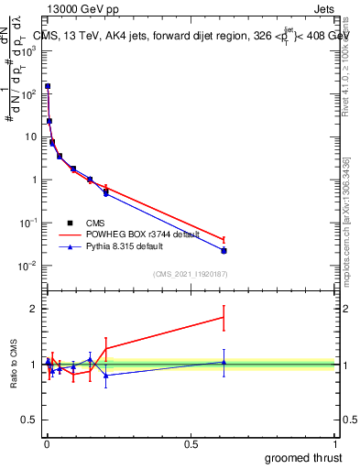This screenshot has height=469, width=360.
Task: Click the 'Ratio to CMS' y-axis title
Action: pyautogui.click(x=15, y=365)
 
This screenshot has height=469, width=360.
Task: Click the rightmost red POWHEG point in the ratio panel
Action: pyautogui.click(x=224, y=318)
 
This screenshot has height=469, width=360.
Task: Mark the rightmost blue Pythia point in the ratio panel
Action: pyautogui.click(x=224, y=362)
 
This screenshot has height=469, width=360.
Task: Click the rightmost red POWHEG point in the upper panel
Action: pyautogui.click(x=224, y=240)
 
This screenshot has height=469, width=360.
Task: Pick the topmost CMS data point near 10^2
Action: pyautogui.click(x=48, y=86)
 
